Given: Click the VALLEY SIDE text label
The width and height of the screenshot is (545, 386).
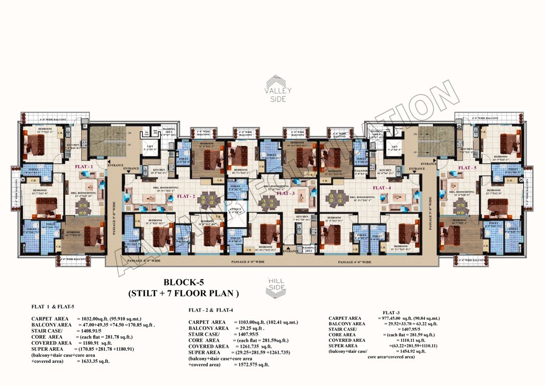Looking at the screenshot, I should tap(278, 95).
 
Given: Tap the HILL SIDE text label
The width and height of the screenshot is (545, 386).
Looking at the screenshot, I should tap(277, 283).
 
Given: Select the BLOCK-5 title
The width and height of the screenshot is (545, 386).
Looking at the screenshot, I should tap(184, 282).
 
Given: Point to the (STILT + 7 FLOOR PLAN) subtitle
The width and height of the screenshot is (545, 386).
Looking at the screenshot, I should tap(184, 293).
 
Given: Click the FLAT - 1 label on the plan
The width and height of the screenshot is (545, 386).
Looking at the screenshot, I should tap(84, 166).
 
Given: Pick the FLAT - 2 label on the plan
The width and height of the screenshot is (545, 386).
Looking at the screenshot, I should tap(186, 196).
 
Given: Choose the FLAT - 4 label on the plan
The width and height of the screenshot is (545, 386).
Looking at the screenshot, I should tap(381, 188).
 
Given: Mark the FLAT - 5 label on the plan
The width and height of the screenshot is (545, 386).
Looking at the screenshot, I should tap(467, 168).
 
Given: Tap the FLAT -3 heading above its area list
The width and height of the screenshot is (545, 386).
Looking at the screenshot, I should tap(392, 313).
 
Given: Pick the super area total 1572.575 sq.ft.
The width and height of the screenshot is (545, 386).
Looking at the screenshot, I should tap(251, 364).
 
